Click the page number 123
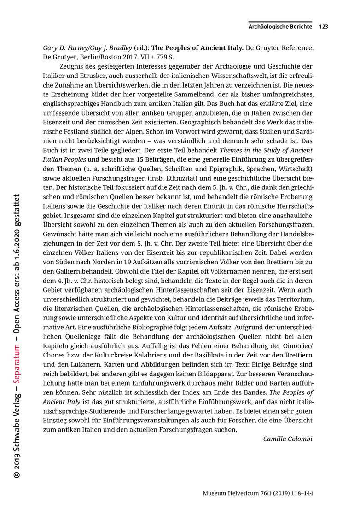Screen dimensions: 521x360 pos(323,27)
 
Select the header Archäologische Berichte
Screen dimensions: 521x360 pos(280,27)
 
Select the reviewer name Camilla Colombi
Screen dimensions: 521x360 pos(288,439)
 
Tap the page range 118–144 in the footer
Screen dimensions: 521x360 pos(299,493)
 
